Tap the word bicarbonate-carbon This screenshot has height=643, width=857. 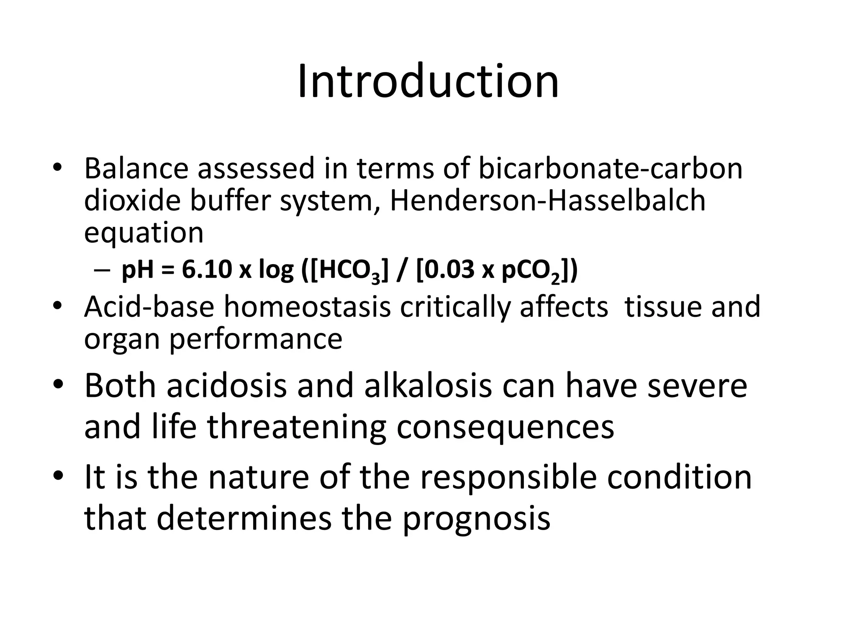pyautogui.click(x=610, y=168)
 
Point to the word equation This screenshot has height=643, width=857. pyautogui.click(x=144, y=233)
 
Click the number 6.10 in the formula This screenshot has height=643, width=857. pyautogui.click(x=207, y=270)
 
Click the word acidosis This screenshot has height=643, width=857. pyautogui.click(x=227, y=386)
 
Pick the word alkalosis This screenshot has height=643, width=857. pyautogui.click(x=428, y=386)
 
